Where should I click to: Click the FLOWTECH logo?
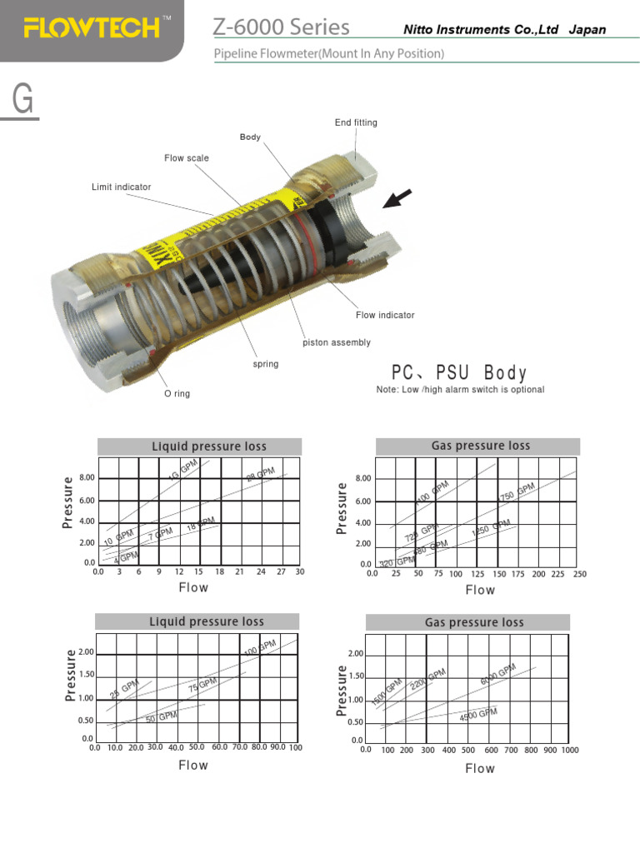coord(92,29)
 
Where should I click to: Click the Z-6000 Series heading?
coord(281,27)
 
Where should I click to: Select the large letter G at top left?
coord(23,100)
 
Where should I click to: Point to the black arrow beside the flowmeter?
coord(398,199)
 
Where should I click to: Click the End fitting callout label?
coord(356,122)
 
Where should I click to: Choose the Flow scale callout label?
coord(187,158)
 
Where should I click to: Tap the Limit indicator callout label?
coord(122,187)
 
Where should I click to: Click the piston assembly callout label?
coord(336,342)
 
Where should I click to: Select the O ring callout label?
coord(177,394)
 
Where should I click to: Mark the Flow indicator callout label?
coord(385,316)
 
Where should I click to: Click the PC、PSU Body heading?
coord(459,372)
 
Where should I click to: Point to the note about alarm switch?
coord(460,390)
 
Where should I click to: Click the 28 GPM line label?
coord(260,476)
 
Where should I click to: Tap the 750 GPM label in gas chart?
coord(517,492)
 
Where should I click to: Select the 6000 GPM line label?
coord(498,675)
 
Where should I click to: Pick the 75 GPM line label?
coord(202,685)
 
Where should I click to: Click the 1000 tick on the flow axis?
coord(570,751)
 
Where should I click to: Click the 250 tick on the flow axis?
coord(580,575)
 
